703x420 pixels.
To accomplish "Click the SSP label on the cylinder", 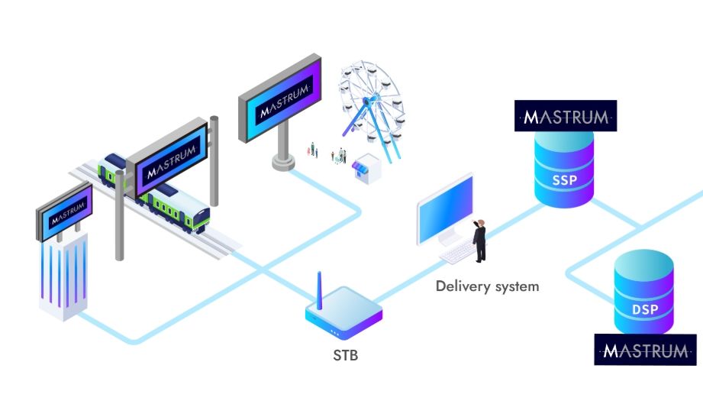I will (x=564, y=183).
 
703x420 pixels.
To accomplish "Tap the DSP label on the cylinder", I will (x=644, y=310).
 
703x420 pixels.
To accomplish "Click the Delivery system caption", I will (x=487, y=286).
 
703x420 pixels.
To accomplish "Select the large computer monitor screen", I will (x=446, y=208).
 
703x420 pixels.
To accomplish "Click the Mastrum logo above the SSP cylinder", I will (x=565, y=117).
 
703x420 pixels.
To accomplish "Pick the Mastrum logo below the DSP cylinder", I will (x=645, y=351).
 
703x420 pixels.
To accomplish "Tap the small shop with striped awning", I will (x=366, y=170).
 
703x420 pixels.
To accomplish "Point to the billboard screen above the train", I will (x=167, y=157).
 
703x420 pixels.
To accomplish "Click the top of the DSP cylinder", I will (x=644, y=264).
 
